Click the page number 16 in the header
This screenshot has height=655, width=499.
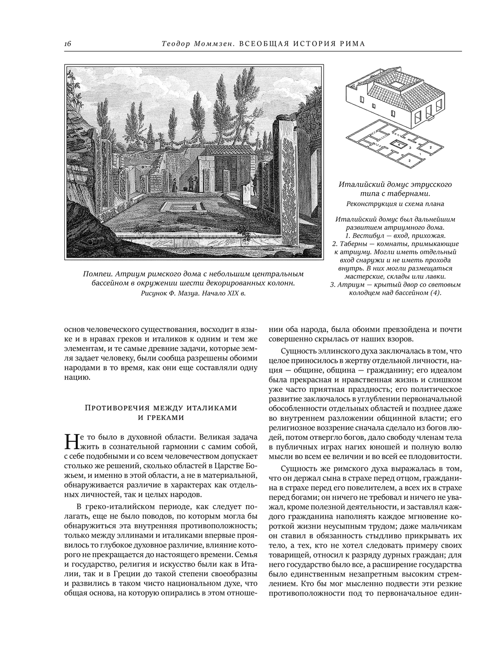tap(68, 44)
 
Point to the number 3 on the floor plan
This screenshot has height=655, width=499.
tap(410, 148)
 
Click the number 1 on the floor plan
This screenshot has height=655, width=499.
tap(420, 155)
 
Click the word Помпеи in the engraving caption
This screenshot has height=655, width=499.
tap(96, 274)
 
